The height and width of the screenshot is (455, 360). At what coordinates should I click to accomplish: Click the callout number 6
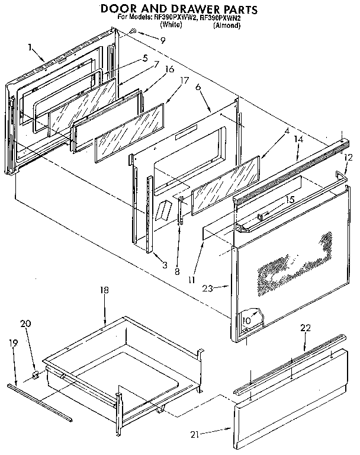point(197,87)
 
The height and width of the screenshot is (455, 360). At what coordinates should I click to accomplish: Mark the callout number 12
point(348,158)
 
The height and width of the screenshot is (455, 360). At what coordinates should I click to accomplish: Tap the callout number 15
point(290,200)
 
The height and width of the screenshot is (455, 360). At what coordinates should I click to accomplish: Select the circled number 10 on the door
point(246,321)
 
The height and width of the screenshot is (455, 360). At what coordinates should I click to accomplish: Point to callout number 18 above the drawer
point(104,291)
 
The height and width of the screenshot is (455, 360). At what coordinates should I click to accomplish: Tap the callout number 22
point(305,328)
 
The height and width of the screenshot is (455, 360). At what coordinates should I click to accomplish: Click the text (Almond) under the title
point(227,26)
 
